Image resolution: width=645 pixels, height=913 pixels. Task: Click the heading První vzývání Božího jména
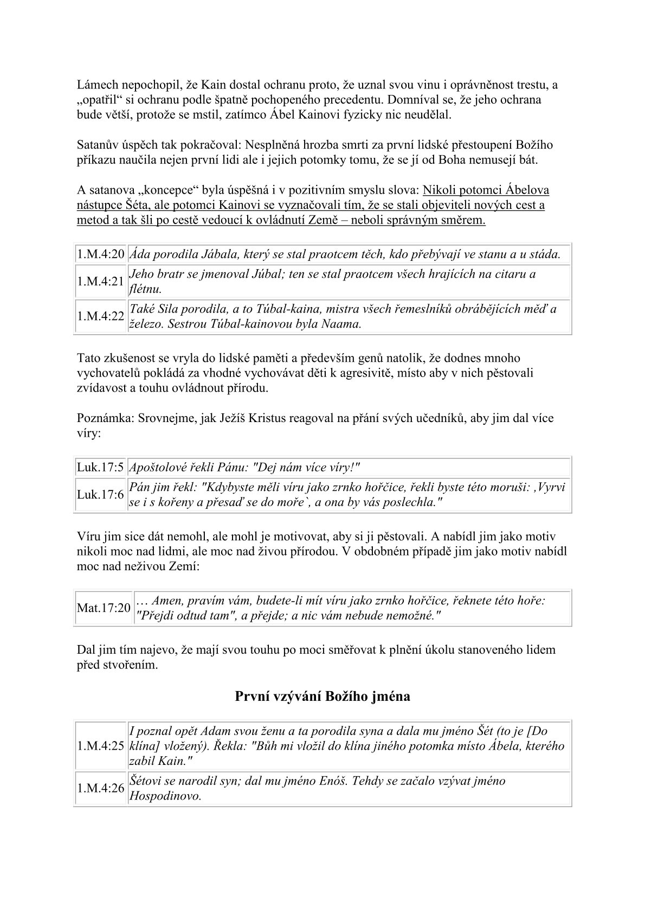[322, 696]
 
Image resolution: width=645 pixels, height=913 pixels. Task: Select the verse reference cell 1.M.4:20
[101, 254]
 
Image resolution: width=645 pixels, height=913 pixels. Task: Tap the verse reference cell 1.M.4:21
[101, 281]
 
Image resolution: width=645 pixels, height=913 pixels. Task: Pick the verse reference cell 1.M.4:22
[101, 316]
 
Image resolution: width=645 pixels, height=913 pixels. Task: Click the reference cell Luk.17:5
[100, 467]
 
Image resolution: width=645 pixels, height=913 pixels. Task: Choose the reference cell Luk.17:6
[100, 494]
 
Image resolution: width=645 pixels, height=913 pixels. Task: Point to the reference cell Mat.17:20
[104, 608]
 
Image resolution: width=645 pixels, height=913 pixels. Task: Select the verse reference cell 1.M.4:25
[101, 745]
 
